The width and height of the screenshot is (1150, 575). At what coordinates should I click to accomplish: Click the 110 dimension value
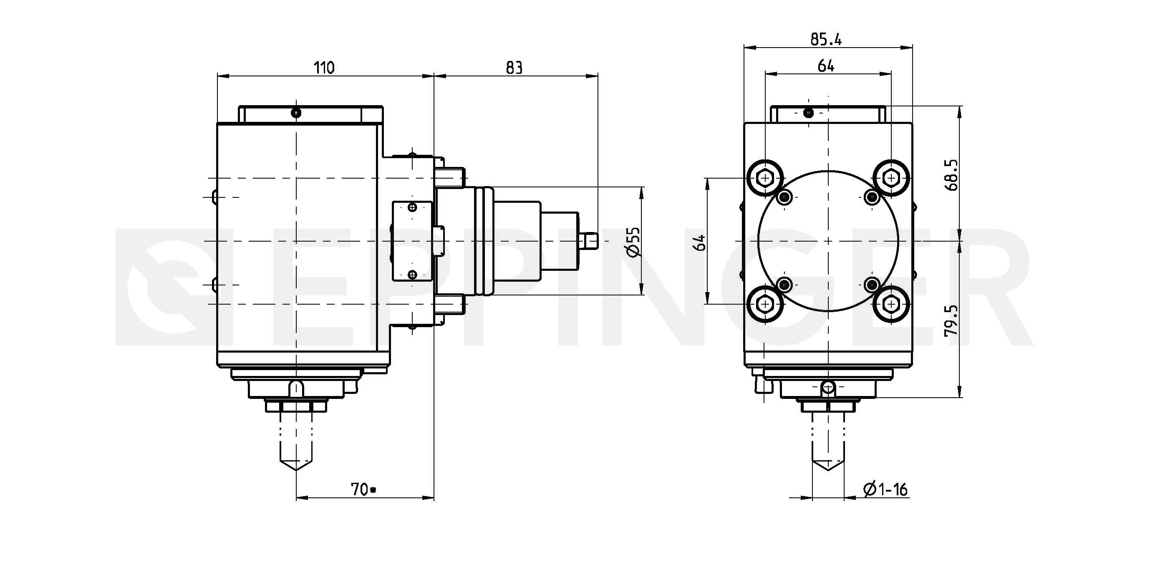coord(324,68)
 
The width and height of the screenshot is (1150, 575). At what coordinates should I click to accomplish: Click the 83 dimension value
coord(514,68)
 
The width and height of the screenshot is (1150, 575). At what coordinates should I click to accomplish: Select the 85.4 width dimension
coord(826,40)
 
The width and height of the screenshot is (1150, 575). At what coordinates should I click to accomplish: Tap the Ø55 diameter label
coord(633,242)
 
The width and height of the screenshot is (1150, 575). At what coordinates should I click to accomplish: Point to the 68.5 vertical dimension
coord(951,175)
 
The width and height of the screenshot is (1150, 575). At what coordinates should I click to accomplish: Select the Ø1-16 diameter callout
coord(886,490)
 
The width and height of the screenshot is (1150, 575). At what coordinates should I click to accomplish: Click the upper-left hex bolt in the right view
coord(765,178)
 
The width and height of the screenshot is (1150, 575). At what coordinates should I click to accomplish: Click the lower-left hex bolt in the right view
coord(765,304)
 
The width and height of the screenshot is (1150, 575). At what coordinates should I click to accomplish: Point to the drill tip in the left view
coord(296,470)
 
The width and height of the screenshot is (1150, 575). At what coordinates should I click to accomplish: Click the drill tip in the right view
coord(828,470)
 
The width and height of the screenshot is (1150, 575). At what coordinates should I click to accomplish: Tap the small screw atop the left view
coord(296,113)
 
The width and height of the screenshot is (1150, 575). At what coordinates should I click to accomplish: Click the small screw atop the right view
coord(808,113)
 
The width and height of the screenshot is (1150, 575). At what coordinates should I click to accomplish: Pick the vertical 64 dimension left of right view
coord(701,242)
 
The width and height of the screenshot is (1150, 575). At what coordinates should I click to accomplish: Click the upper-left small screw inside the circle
coord(784,197)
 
